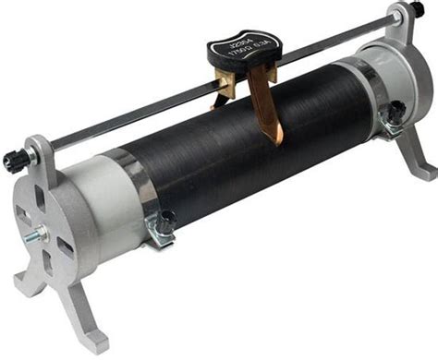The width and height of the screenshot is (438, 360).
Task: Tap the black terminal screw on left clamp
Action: click(167, 222)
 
